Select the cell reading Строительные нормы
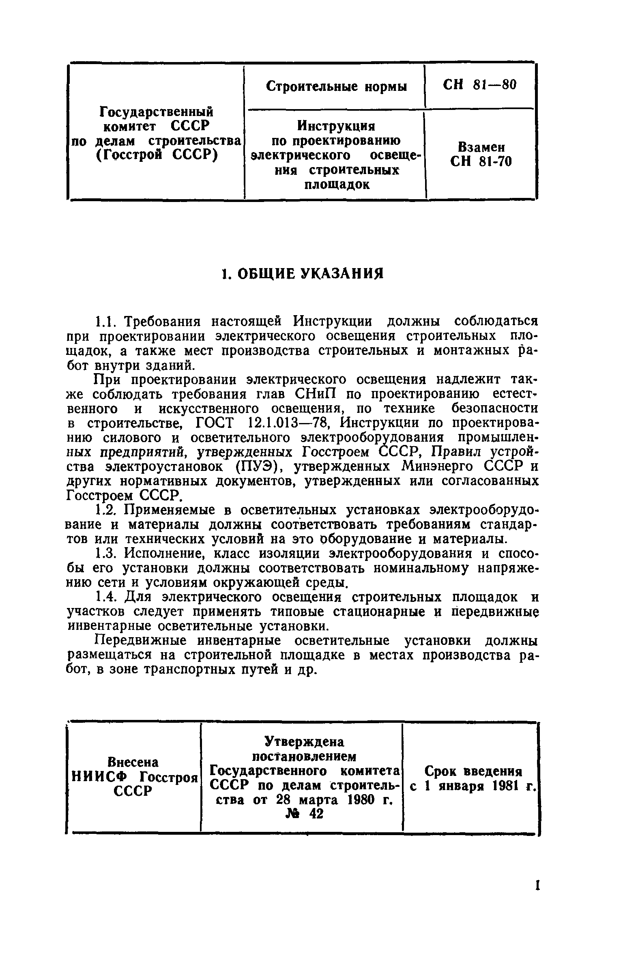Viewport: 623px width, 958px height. point(336,86)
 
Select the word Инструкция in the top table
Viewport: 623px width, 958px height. point(336,126)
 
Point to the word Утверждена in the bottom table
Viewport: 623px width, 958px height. point(304,741)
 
